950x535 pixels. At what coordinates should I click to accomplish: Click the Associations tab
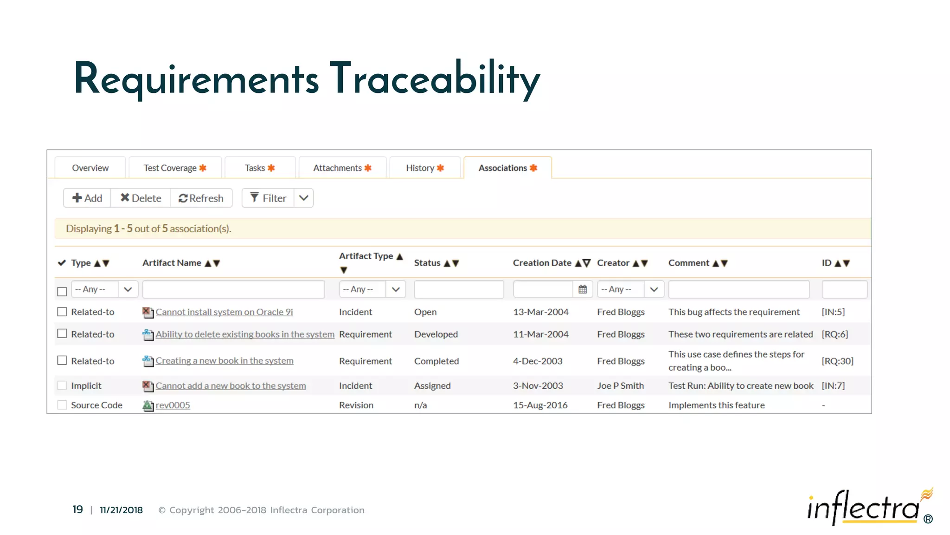click(x=507, y=168)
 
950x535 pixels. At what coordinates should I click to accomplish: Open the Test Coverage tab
click(x=175, y=168)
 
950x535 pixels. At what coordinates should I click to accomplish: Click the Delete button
click(x=141, y=198)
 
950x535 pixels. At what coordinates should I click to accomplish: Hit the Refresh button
click(x=201, y=198)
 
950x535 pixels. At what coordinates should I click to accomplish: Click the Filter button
click(x=268, y=198)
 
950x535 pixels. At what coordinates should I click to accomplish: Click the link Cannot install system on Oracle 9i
click(x=224, y=312)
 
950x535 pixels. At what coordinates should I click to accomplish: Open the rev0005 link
click(x=173, y=405)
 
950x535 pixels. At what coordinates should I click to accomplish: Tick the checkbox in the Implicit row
click(x=62, y=385)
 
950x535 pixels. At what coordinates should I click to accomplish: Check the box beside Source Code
click(x=62, y=405)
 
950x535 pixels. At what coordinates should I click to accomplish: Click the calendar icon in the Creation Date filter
click(x=583, y=289)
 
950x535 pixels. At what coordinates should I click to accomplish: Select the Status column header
click(x=427, y=263)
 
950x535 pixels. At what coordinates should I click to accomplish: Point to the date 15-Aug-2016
click(x=540, y=405)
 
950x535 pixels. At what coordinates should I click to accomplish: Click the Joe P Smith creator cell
click(x=620, y=385)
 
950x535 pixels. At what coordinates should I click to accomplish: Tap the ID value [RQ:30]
click(x=837, y=361)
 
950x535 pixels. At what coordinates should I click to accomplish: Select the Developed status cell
click(x=436, y=334)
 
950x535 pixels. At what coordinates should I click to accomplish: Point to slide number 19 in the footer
click(x=77, y=509)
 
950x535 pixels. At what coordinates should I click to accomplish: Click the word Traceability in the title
click(x=435, y=79)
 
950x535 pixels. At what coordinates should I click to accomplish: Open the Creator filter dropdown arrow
click(x=654, y=289)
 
